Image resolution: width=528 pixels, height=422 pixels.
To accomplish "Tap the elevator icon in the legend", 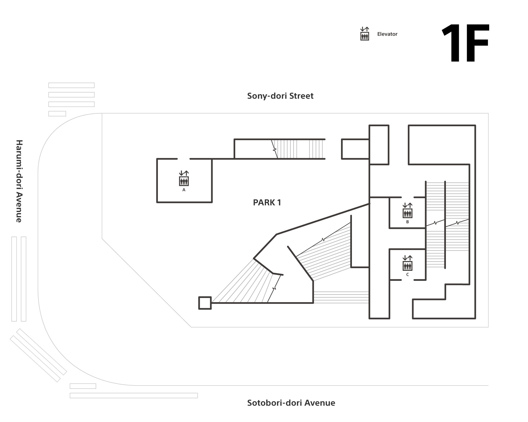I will [x=365, y=34].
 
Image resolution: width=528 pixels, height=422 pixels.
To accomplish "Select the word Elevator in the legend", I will [x=387, y=34].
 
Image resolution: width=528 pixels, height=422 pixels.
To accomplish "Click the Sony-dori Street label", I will [x=280, y=96].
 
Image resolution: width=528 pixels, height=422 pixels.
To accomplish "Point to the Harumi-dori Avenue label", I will [x=19, y=181].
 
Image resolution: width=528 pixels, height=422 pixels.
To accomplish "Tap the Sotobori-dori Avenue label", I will [x=291, y=403].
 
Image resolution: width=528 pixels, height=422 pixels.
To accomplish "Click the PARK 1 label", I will [x=267, y=202].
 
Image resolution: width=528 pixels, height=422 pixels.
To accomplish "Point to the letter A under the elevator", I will [x=184, y=190].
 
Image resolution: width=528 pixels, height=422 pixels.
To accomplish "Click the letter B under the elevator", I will [x=407, y=222].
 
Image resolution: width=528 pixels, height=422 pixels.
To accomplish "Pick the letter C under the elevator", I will [x=407, y=275].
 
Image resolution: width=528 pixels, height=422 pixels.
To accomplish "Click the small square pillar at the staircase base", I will [x=205, y=303].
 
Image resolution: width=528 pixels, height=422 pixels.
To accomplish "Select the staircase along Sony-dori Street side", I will [x=298, y=149].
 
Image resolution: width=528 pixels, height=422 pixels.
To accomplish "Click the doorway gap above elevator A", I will [x=183, y=159].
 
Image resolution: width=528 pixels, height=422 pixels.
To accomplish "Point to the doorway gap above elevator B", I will [x=407, y=197].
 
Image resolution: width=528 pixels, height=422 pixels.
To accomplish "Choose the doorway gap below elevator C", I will [x=407, y=280].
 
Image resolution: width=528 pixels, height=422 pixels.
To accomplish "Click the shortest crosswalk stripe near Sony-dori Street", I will [x=57, y=114].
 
